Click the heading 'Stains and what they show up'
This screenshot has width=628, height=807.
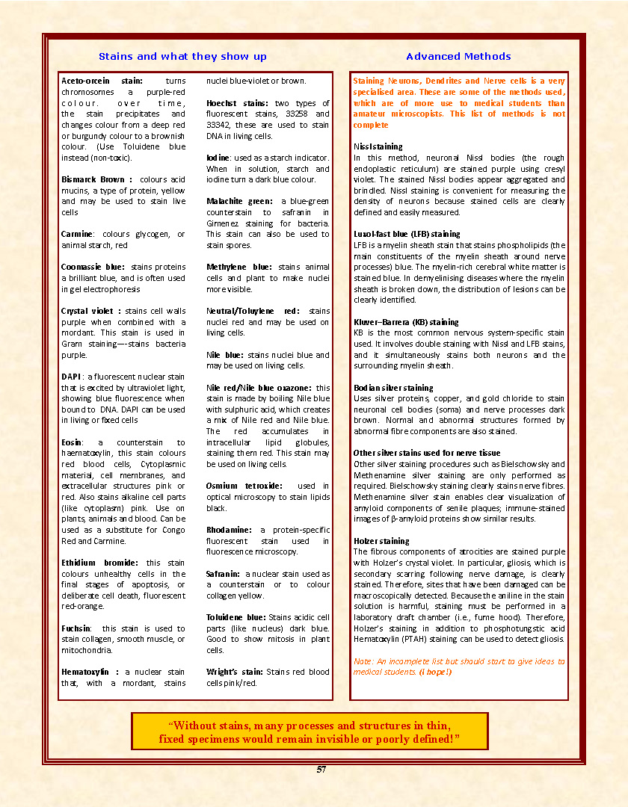182,57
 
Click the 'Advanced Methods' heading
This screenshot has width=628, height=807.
458,57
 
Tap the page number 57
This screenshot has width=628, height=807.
321,770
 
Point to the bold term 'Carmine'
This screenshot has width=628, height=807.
77,234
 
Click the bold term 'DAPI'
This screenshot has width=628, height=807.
71,377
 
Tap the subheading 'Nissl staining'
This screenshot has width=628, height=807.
378,146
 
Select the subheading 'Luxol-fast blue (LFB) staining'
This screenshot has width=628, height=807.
407,234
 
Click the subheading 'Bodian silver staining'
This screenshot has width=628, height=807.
393,388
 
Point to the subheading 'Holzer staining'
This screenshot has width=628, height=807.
381,541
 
